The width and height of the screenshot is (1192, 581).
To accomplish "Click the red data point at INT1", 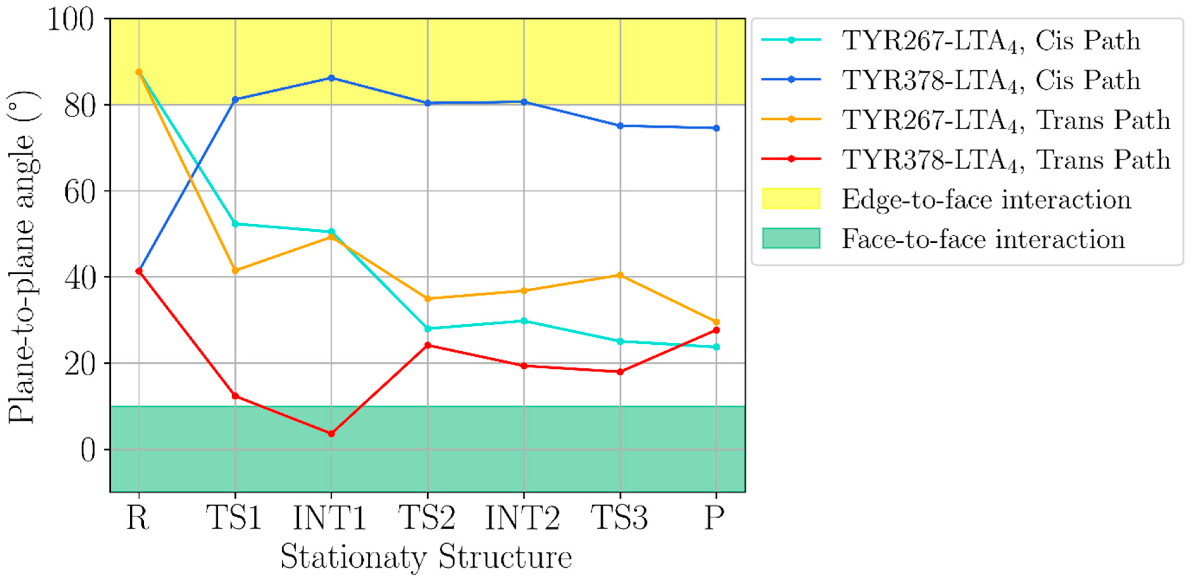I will click(x=331, y=434).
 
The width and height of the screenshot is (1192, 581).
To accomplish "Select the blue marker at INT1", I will click(x=331, y=78).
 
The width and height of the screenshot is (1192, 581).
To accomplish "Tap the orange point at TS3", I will click(x=620, y=275).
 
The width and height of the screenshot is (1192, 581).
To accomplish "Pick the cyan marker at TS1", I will click(x=235, y=224).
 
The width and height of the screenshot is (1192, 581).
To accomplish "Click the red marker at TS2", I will click(x=427, y=345).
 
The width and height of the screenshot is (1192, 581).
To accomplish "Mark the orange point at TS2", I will click(x=427, y=299).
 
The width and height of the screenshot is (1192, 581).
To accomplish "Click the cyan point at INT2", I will click(x=524, y=321).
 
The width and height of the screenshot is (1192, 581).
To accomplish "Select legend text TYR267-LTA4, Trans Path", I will click(x=1005, y=120).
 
